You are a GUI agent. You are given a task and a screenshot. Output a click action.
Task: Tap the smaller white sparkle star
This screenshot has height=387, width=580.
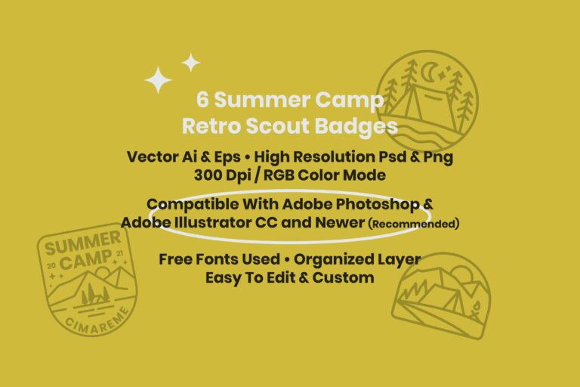(191, 62)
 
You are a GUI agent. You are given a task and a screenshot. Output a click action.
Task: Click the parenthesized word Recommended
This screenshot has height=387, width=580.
(414, 224)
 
